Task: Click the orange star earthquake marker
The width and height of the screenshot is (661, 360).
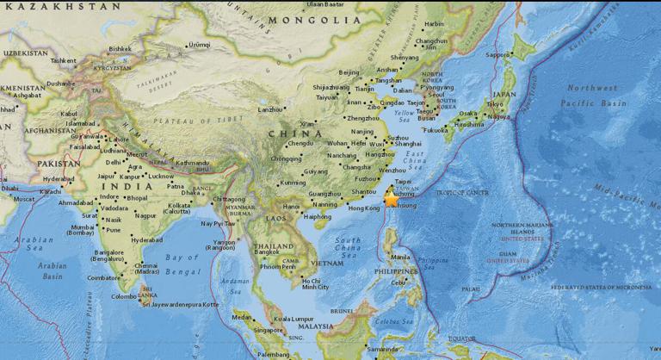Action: click(x=391, y=199)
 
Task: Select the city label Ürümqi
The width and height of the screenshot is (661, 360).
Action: click(x=199, y=45)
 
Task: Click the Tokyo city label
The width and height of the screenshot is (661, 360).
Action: click(x=495, y=104)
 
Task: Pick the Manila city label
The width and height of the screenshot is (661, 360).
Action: click(x=399, y=257)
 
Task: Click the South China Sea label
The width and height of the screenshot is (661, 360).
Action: click(x=347, y=248)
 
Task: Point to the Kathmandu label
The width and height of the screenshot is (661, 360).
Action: click(x=192, y=163)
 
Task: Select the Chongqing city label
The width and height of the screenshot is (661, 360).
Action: click(x=286, y=158)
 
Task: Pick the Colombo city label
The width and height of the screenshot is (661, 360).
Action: click(x=125, y=296)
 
